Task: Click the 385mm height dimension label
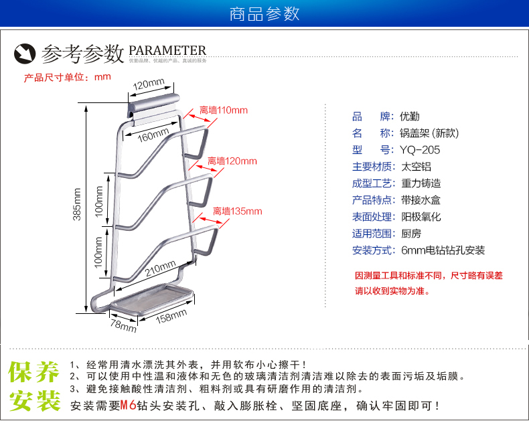click(77, 204)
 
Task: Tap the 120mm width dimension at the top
click(148, 84)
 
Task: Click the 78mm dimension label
click(123, 326)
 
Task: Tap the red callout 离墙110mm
click(224, 110)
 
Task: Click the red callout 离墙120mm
click(232, 161)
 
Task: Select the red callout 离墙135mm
click(237, 211)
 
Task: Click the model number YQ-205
click(421, 150)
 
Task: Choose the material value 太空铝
click(415, 167)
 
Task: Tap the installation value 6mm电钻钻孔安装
click(443, 251)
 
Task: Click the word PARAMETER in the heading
click(167, 51)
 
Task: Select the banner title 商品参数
click(264, 14)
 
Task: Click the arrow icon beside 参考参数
click(26, 52)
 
